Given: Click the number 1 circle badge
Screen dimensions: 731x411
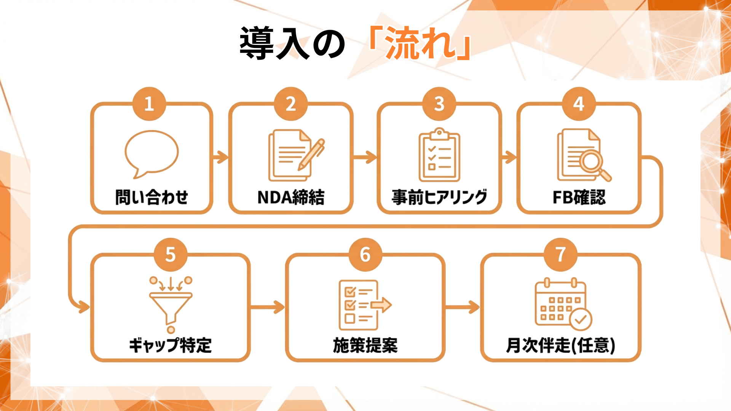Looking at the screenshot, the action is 149,104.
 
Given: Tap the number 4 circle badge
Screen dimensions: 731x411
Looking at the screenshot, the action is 579,104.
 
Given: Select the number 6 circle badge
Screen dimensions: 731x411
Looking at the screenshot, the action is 365,255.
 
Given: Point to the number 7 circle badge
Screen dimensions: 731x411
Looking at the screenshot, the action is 560,255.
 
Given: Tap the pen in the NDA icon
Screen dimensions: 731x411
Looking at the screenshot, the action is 312,154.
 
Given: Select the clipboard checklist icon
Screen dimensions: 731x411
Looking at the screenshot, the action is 439,155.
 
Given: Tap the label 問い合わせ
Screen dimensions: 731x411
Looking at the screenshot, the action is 152,197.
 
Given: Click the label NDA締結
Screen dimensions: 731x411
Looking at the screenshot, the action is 291,197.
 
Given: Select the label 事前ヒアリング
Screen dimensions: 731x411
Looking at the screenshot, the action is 439,197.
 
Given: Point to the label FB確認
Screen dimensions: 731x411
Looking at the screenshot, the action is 579,197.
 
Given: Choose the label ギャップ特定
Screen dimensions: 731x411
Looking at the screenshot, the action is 170,345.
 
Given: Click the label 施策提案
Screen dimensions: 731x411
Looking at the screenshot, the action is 365,345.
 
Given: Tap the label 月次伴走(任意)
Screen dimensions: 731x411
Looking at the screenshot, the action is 560,345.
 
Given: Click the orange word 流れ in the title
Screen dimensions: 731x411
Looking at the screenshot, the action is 420,43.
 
